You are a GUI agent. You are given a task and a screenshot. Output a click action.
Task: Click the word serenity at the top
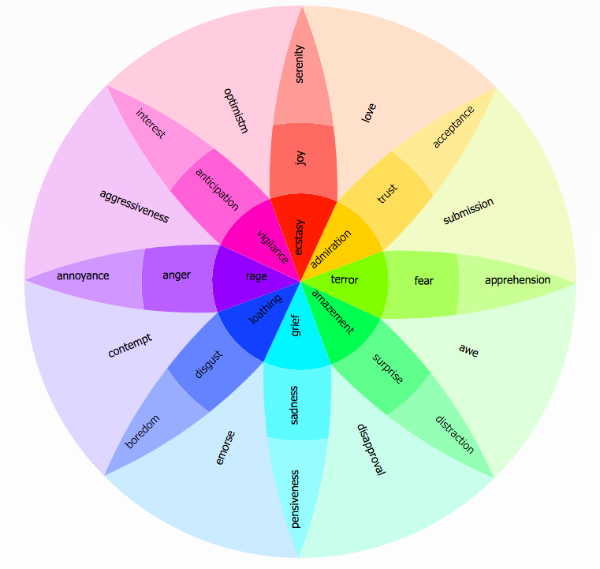point(300,64)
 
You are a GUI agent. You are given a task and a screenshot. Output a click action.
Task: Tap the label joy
point(300,157)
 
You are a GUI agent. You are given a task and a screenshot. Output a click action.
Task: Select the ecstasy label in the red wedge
point(300,237)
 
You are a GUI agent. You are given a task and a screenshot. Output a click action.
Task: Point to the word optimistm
point(236,110)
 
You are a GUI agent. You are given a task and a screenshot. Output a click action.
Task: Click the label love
point(369,113)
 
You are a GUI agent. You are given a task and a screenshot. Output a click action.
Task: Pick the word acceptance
point(453,127)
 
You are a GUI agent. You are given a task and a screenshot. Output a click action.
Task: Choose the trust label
point(388,193)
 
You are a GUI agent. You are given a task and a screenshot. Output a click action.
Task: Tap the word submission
point(468,211)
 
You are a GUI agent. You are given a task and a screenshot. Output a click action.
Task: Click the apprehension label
point(517,280)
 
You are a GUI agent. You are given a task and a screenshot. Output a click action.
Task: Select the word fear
point(423,281)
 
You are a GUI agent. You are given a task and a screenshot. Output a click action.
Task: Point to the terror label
point(345,279)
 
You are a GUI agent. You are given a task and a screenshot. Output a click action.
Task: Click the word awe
point(468,350)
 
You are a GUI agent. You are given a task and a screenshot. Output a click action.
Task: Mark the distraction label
point(455,435)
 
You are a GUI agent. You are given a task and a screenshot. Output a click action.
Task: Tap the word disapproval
point(371,450)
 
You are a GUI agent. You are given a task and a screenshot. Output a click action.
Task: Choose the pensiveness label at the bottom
point(295,499)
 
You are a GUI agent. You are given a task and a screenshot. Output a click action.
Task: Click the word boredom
point(142,432)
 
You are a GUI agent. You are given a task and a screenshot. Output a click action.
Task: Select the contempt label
point(130,346)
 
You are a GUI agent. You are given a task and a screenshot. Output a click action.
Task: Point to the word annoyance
point(83,275)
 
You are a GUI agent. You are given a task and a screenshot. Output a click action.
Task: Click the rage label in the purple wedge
point(256,276)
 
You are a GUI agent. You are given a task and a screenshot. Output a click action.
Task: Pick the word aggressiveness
point(134,207)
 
